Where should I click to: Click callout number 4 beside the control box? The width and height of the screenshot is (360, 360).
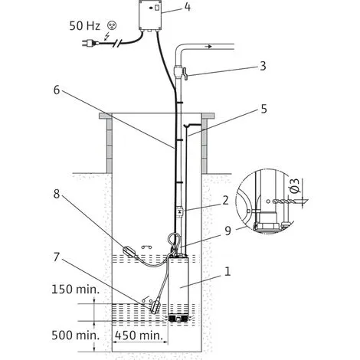point(188,7)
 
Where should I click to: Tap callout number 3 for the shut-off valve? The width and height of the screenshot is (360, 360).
point(263,66)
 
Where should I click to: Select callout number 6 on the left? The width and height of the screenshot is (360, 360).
point(57,90)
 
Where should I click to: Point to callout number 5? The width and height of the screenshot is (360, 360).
point(263,109)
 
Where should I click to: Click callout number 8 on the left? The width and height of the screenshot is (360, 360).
point(57,194)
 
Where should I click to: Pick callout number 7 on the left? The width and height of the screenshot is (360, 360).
point(57,257)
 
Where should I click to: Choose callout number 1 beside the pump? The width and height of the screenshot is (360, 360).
point(227,272)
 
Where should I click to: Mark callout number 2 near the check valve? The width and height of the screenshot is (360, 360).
point(225,201)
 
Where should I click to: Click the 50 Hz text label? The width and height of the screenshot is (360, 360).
point(84,26)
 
